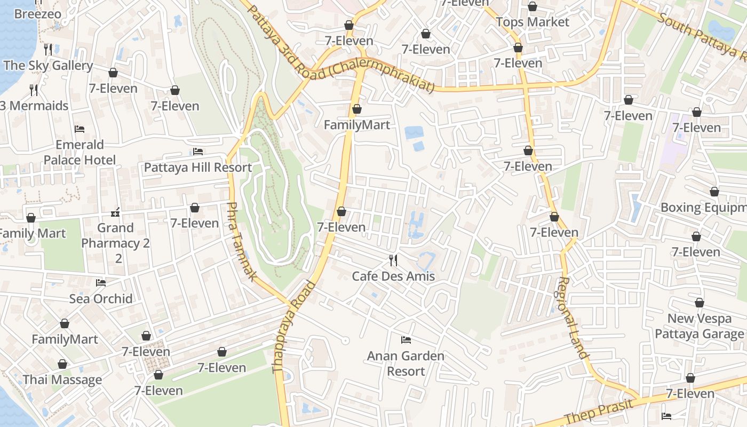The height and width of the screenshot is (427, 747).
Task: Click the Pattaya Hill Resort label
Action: [x=198, y=168]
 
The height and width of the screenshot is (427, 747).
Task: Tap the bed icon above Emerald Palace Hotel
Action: [x=80, y=129]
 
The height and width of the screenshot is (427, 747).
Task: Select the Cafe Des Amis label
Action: [x=393, y=276]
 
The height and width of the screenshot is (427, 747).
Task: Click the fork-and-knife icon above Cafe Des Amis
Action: [x=393, y=260]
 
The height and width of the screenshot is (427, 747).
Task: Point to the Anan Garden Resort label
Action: [x=406, y=363]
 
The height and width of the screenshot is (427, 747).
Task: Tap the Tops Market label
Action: [x=533, y=22]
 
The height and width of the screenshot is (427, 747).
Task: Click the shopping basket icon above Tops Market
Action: [x=532, y=7]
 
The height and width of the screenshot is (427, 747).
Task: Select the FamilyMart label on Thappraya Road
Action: [x=357, y=125]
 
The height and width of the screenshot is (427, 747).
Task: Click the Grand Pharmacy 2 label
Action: [x=116, y=236]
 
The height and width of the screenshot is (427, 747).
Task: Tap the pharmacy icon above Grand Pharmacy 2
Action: [x=115, y=213]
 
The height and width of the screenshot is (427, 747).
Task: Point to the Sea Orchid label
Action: [x=101, y=299]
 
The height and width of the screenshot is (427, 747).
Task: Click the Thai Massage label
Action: [x=62, y=380]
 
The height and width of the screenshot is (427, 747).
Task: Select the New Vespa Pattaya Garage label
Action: [x=699, y=327]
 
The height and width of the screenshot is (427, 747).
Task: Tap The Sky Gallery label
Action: [x=48, y=66]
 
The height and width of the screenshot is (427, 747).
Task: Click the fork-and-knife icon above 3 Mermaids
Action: [x=34, y=90]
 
